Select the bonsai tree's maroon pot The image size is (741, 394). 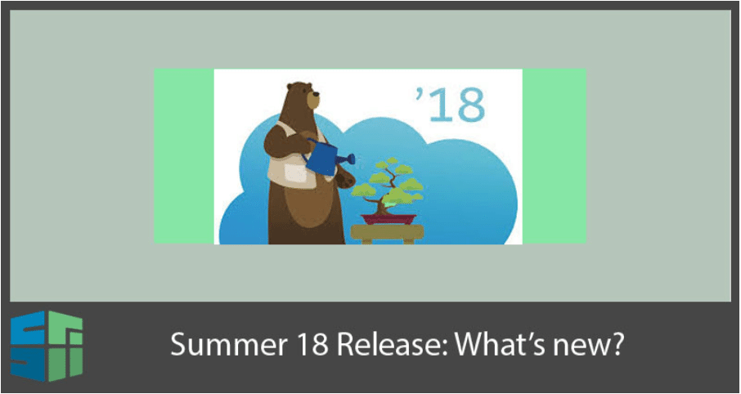388,219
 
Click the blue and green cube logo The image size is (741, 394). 47,347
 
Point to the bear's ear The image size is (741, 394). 290,87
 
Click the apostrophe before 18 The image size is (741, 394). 418,93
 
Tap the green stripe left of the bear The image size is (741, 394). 184,156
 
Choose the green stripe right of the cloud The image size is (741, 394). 555,156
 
